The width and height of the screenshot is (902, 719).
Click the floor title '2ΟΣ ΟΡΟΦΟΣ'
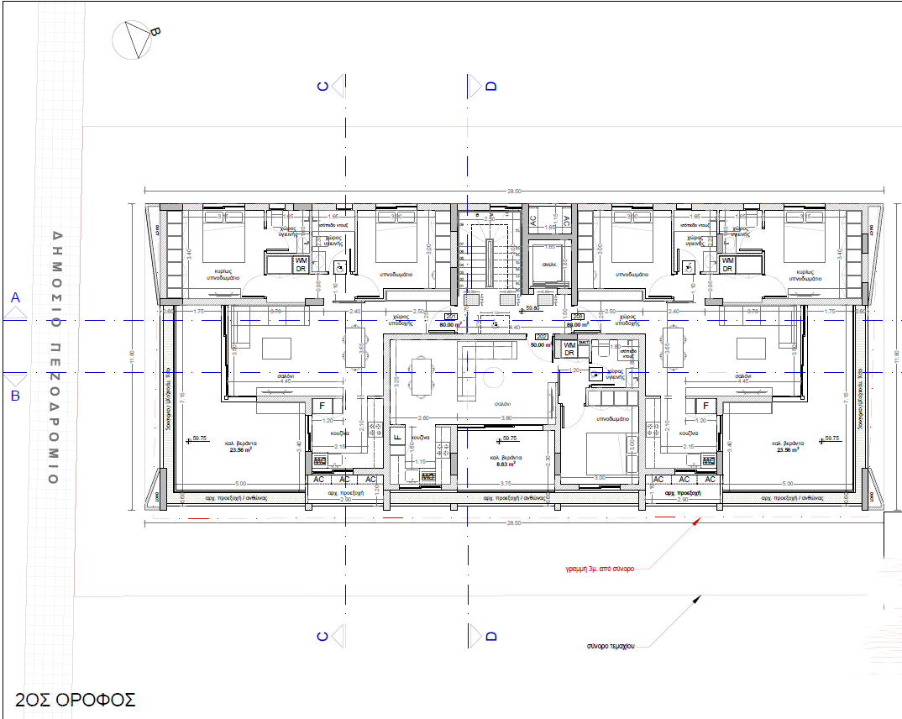pyautogui.click(x=76, y=699)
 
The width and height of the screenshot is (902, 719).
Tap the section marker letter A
pyautogui.click(x=14, y=297)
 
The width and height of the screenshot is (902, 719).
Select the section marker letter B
pyautogui.click(x=14, y=396)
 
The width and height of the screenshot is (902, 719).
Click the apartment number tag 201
pyautogui.click(x=449, y=317)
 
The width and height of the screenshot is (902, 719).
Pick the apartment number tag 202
pyautogui.click(x=542, y=336)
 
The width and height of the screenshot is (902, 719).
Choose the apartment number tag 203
pyautogui.click(x=577, y=317)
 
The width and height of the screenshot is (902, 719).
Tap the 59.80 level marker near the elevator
pyautogui.click(x=532, y=308)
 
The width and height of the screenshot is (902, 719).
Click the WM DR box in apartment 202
pyautogui.click(x=569, y=349)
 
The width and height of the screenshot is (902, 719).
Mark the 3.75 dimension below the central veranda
pyautogui.click(x=506, y=484)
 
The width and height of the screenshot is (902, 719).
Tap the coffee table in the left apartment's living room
pyautogui.click(x=276, y=347)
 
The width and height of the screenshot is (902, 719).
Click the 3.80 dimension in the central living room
pyautogui.click(x=506, y=417)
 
